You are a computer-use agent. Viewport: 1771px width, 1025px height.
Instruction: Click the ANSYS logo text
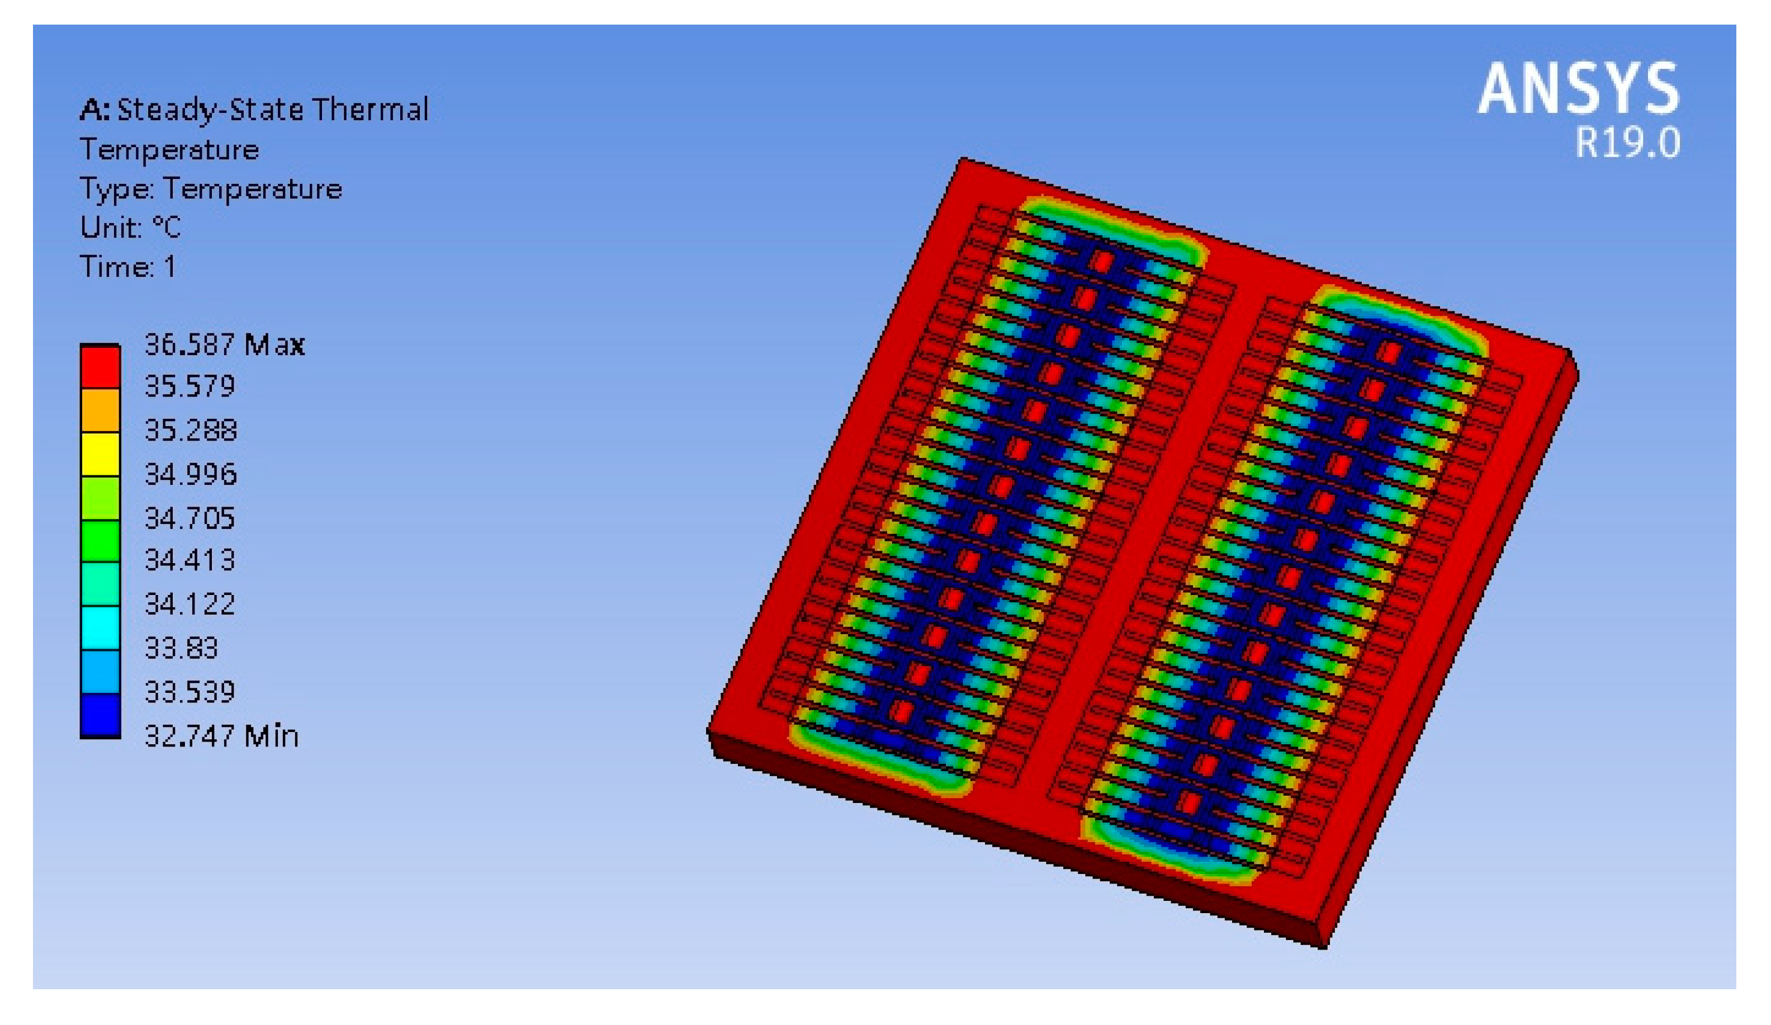click(1579, 88)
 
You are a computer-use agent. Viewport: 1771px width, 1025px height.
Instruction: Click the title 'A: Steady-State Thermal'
click(254, 110)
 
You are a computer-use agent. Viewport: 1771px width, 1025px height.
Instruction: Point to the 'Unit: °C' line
click(130, 227)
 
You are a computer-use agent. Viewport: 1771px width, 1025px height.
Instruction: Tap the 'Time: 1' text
click(127, 266)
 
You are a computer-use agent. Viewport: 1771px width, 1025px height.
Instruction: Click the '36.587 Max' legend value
click(224, 344)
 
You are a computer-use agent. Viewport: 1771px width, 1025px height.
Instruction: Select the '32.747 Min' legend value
click(221, 736)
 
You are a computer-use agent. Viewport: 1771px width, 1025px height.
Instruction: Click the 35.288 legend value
click(191, 430)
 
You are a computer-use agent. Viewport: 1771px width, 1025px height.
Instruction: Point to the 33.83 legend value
click(181, 648)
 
